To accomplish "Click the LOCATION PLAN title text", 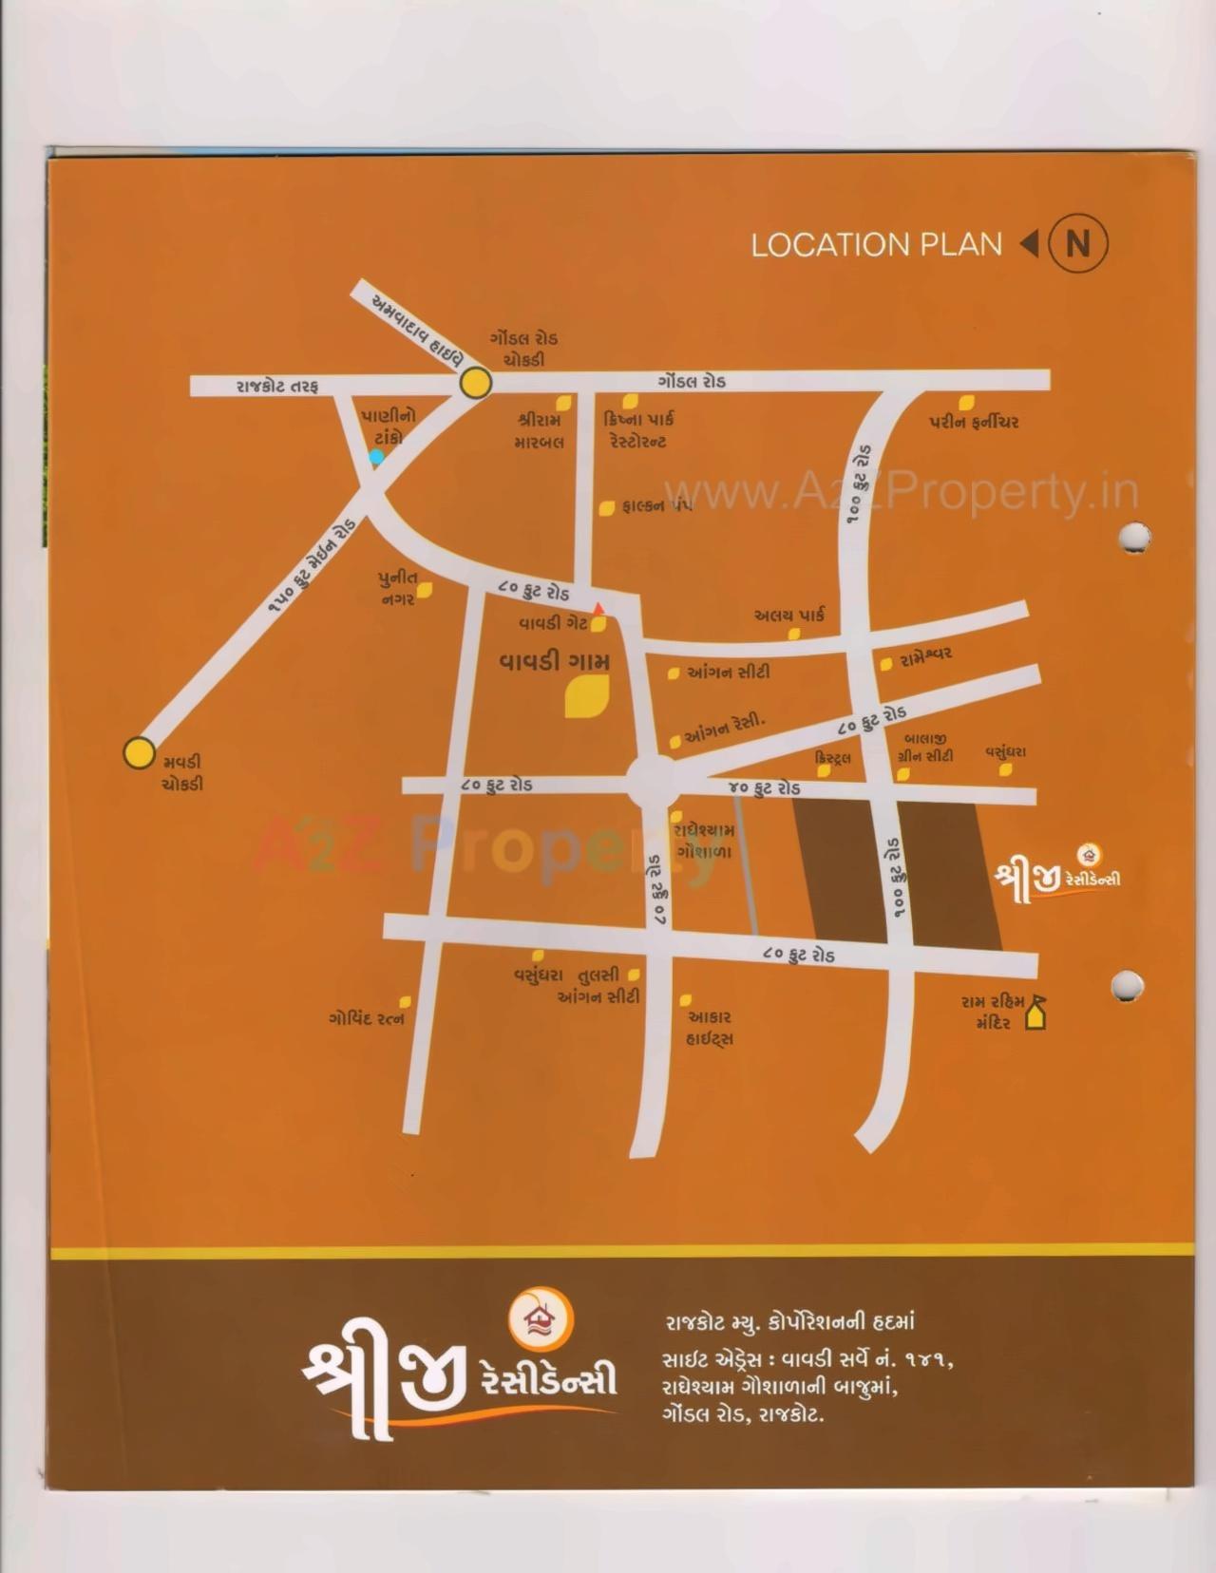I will coord(876,245).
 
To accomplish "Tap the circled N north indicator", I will coord(1077,245).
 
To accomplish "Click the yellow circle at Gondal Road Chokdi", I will coord(476,384).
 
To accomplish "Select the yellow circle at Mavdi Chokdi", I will coord(140,753).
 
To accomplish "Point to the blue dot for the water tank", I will coord(376,457).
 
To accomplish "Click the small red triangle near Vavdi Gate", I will coord(598,608).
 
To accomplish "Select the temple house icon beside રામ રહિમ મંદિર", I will coord(1035,1018).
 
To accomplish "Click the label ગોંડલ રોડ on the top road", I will coord(691,381).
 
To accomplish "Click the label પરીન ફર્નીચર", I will coord(974,423).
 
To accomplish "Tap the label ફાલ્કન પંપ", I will coord(656,506).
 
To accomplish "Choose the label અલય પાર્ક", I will coord(788,616).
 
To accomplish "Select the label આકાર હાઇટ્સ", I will coord(709,1028).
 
